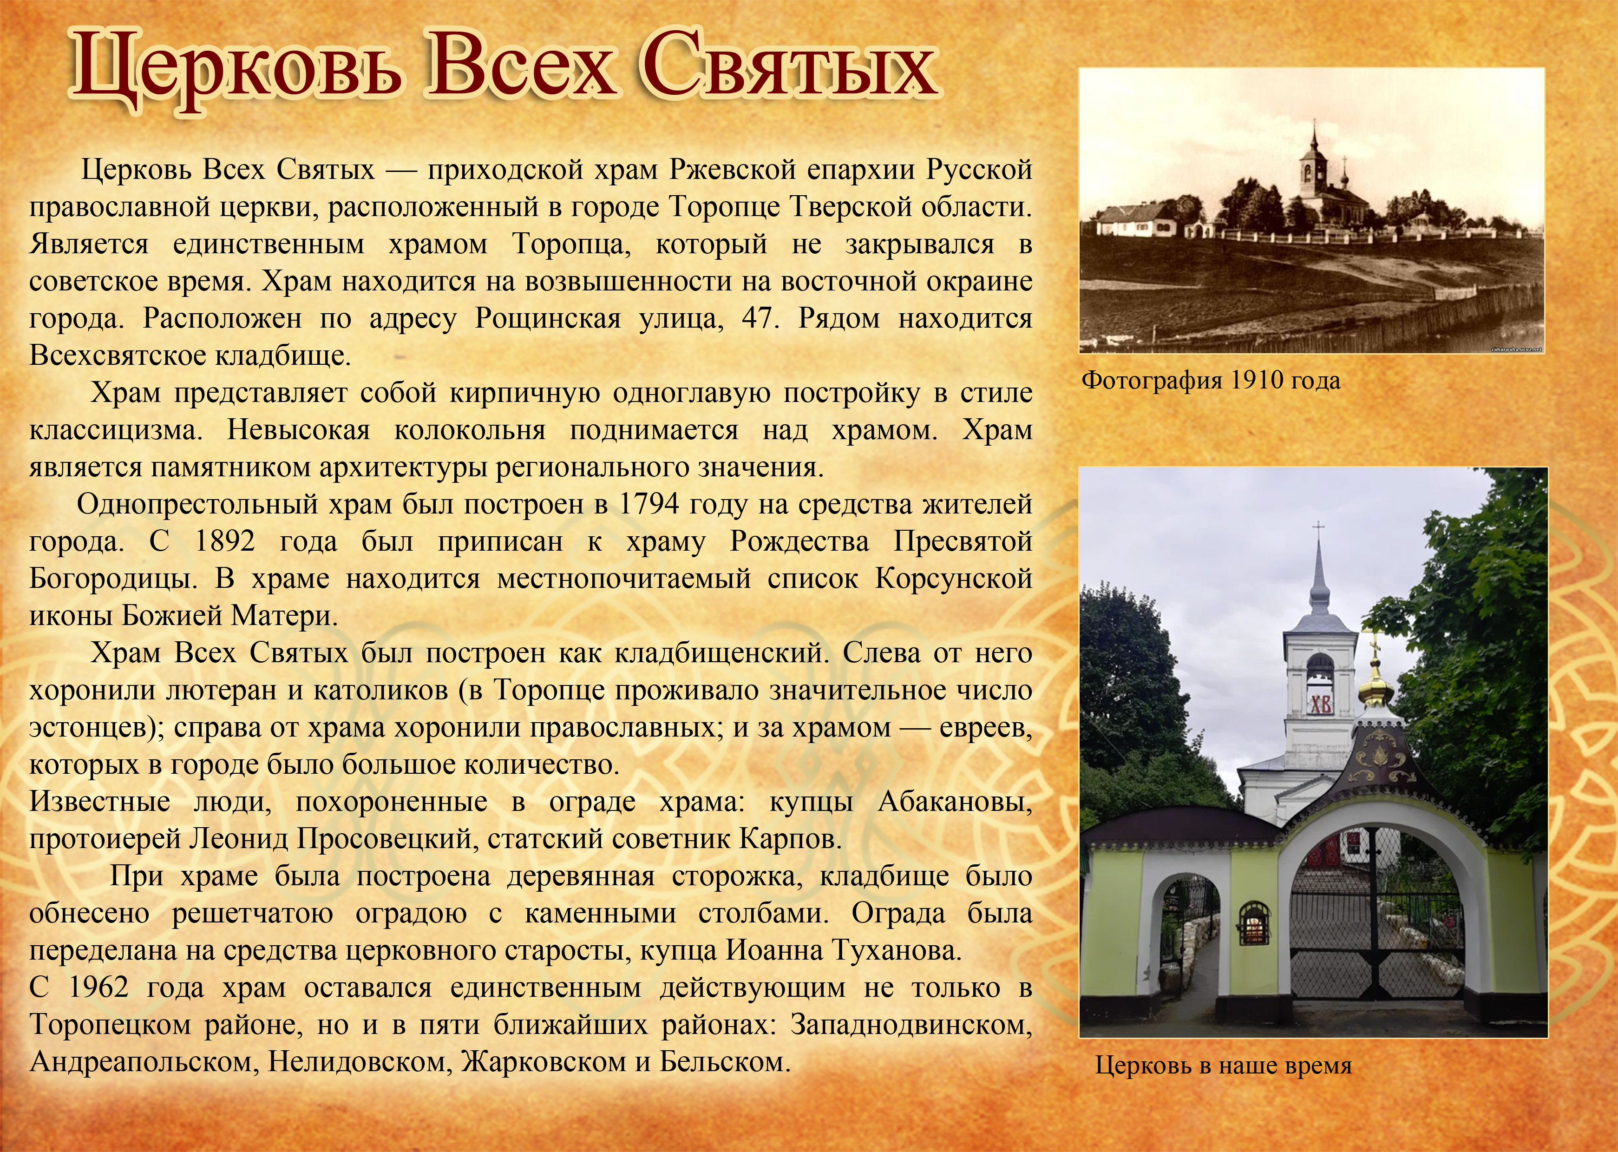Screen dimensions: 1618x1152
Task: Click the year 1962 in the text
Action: tap(98, 988)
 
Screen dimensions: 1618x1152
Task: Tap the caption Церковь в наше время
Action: tap(1223, 1066)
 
